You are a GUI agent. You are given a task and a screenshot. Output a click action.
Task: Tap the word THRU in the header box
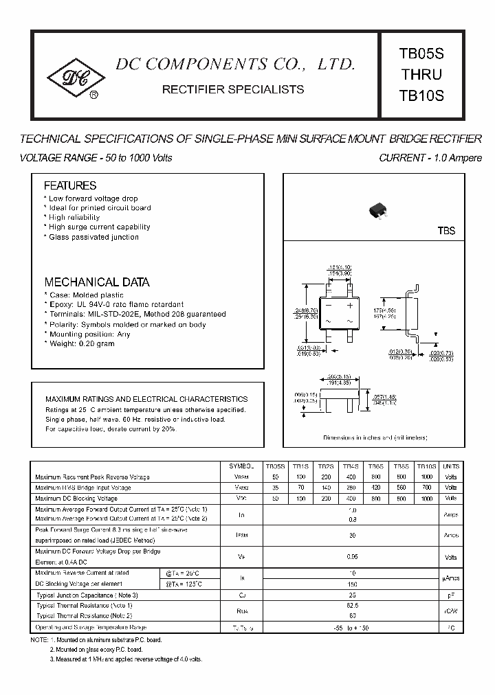tap(421, 74)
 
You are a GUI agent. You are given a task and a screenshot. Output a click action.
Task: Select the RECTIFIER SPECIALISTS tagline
tap(232, 89)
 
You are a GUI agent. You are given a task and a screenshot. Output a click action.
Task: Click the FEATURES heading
tap(70, 185)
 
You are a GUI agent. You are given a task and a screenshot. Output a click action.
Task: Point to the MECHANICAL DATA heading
tap(97, 282)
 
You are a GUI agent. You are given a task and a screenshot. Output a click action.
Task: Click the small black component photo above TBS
tap(376, 208)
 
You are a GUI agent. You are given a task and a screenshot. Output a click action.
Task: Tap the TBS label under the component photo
tap(447, 231)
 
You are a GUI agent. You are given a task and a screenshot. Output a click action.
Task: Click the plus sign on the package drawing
tap(350, 305)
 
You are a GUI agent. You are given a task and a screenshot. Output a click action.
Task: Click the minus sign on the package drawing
tap(329, 305)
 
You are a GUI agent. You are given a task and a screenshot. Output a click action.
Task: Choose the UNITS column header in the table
tap(451, 466)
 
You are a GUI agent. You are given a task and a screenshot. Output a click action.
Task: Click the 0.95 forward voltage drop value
tap(352, 557)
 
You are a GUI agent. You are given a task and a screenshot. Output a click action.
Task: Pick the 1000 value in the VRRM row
tap(427, 476)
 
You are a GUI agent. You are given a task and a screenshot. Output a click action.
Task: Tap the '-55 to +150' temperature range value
tap(352, 628)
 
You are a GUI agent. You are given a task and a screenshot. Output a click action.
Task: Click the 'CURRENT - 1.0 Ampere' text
tap(430, 158)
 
